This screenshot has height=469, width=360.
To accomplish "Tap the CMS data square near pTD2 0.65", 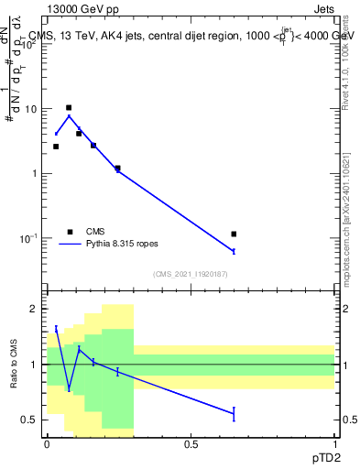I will click(235, 234).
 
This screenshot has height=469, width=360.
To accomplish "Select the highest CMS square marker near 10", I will click(69, 108).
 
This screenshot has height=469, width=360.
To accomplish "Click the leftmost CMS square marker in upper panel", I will click(56, 147).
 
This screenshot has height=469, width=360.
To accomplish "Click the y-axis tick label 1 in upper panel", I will click(34, 173).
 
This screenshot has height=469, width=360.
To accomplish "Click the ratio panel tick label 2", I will click(34, 310).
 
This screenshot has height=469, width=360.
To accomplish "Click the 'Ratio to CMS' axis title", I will click(14, 364).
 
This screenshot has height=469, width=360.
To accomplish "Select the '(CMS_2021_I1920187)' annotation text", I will click(191, 274).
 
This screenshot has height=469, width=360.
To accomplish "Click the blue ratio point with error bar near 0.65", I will click(235, 414).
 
